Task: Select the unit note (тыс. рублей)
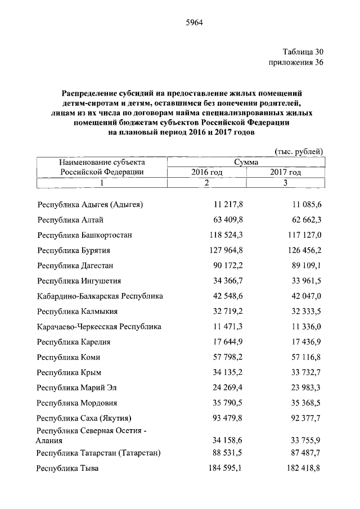[x=299, y=151]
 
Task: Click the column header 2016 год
[x=206, y=172]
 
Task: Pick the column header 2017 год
[x=285, y=172]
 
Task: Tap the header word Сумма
[x=246, y=162]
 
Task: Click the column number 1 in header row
[x=102, y=183]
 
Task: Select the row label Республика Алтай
[x=70, y=219]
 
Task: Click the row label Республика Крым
[x=70, y=387]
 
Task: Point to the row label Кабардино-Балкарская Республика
[x=100, y=296]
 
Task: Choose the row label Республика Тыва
[x=67, y=468]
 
